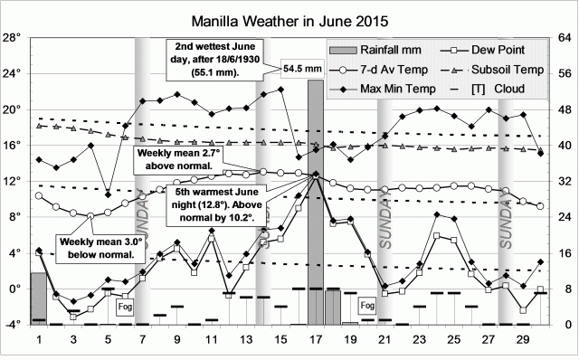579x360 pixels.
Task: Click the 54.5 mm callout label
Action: point(301,67)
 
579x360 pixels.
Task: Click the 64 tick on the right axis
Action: point(563,38)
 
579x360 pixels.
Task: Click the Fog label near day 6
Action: point(126,308)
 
